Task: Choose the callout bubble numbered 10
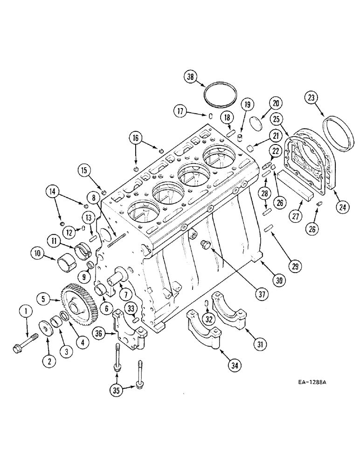[38, 254]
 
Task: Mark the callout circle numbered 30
[279, 280]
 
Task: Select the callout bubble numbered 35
[117, 391]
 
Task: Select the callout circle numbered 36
[99, 333]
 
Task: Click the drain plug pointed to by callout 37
[205, 244]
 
